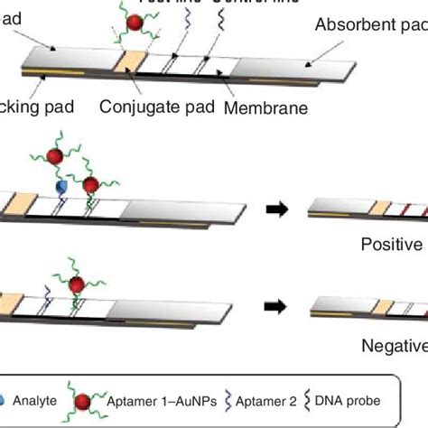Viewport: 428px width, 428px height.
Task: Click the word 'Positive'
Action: pyautogui.click(x=392, y=244)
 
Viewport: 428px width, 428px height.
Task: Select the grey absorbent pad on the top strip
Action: pyautogui.click(x=298, y=74)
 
